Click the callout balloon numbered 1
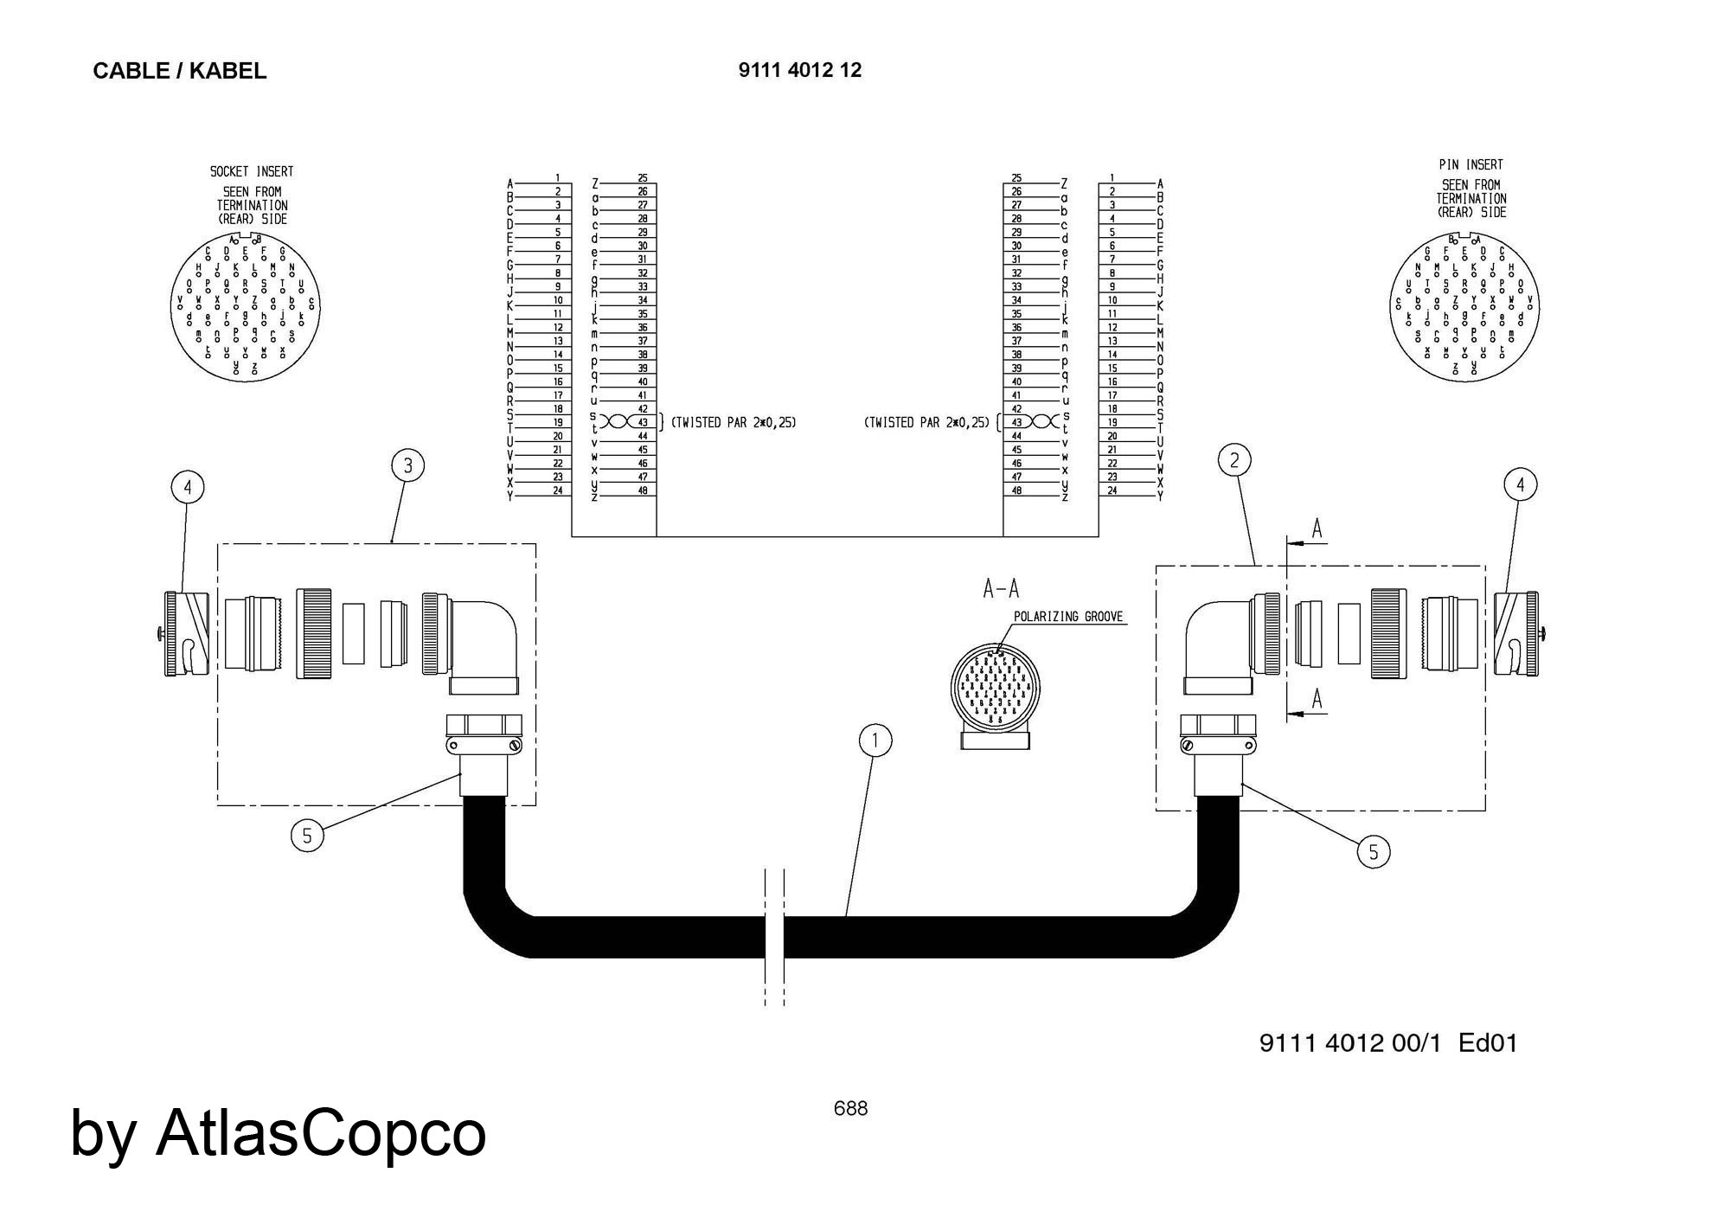875,740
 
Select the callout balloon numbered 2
1234,460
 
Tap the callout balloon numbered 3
408,466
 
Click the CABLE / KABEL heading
179,71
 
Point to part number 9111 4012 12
800,70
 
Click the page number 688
850,1108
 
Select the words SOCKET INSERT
252,171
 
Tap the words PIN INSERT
1470,164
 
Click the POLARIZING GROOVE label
1068,617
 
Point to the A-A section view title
1001,589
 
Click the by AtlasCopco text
278,1133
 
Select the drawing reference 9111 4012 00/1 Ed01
1388,1043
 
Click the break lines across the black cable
774,937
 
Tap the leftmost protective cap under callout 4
186,633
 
